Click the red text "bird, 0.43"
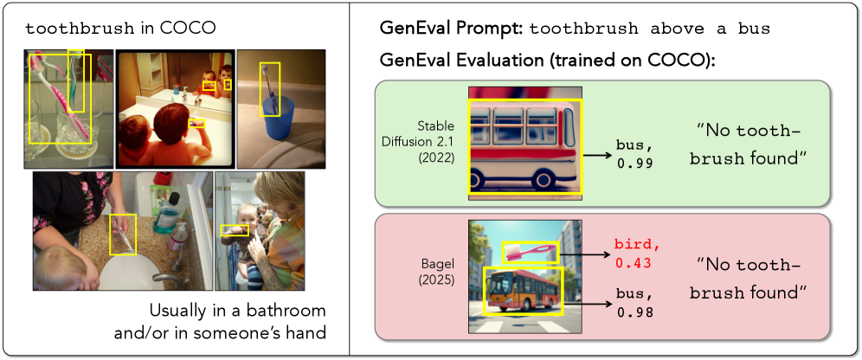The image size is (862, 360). point(637,254)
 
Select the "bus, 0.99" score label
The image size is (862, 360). point(635,155)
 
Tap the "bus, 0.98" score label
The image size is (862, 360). point(635,305)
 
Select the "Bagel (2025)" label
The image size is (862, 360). point(435,272)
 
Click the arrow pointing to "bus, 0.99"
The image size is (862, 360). point(597,155)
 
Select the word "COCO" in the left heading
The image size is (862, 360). point(187,29)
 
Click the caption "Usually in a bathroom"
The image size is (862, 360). point(237,311)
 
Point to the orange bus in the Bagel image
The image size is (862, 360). point(522,290)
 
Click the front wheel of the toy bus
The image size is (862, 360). point(480,179)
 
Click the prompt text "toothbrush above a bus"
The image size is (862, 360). point(650,29)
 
